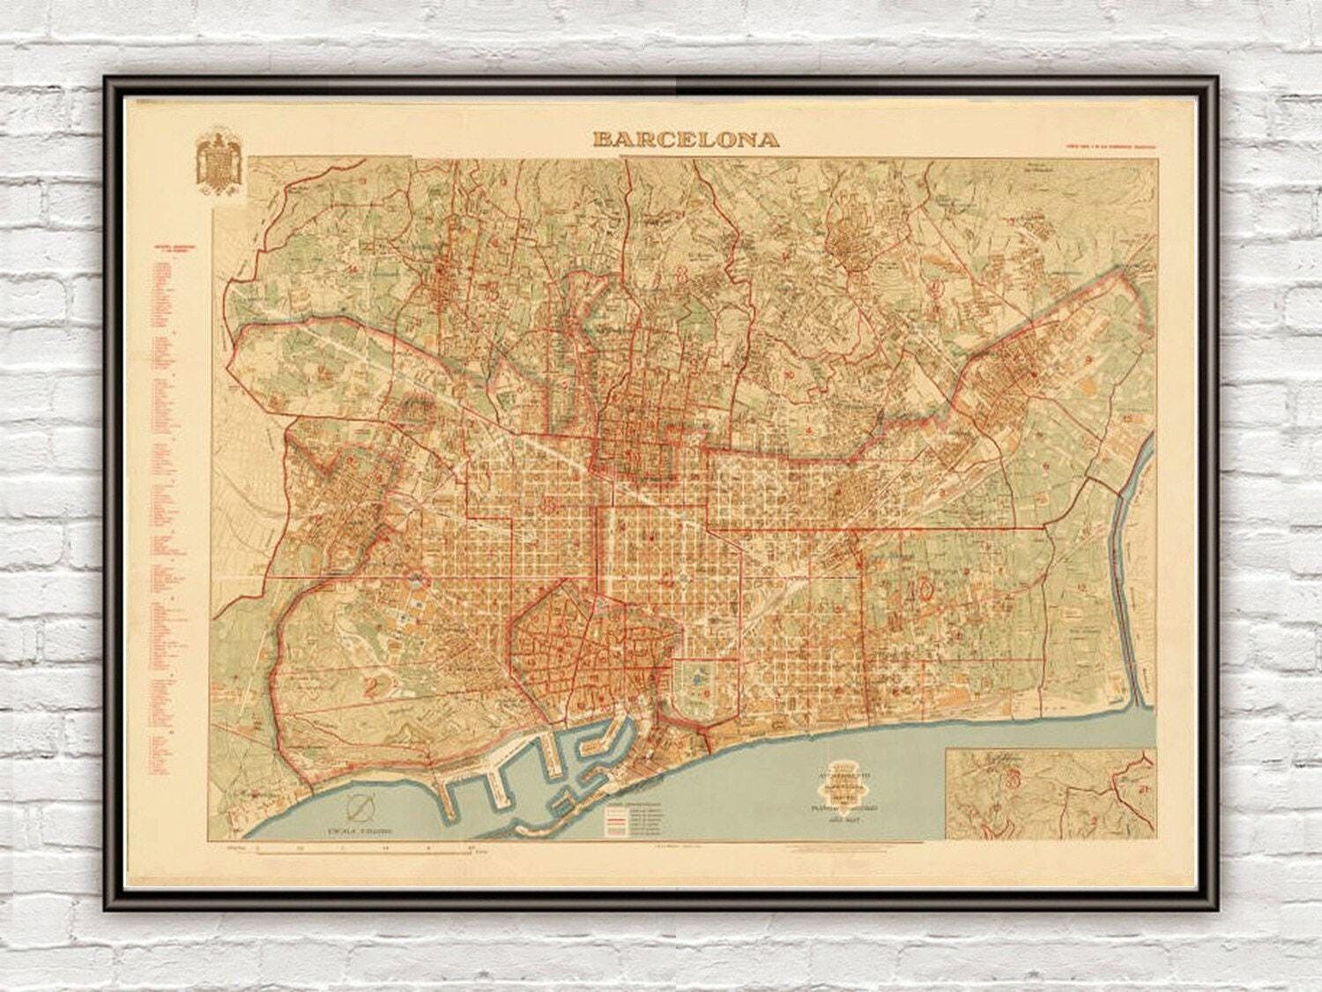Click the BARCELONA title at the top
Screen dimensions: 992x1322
tap(686, 138)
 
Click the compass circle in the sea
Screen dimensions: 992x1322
tap(360, 808)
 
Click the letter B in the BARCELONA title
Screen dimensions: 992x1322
tap(603, 138)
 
